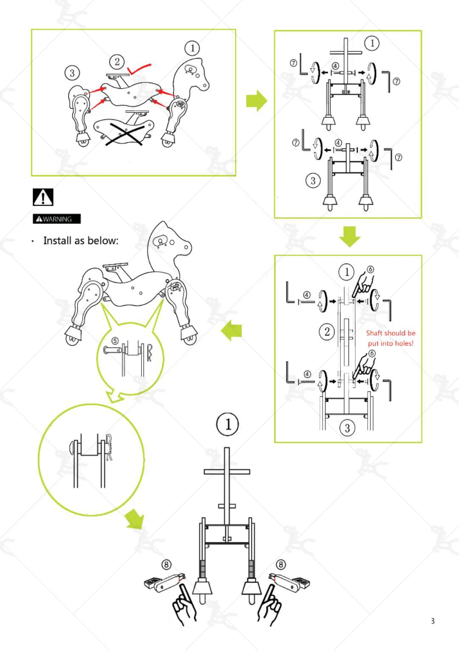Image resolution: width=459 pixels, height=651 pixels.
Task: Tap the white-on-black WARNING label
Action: (x=57, y=219)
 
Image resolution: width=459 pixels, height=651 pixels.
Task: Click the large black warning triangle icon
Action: (x=43, y=197)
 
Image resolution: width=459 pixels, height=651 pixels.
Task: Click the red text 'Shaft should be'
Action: (x=391, y=333)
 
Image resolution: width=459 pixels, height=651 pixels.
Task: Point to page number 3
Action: (x=433, y=621)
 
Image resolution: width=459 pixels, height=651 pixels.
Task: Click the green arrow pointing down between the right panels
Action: (x=350, y=237)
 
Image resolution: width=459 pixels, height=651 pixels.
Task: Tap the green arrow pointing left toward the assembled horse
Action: (x=231, y=330)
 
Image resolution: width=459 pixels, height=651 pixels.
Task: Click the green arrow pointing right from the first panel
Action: (x=257, y=101)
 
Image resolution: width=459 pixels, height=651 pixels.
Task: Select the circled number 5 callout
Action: (x=115, y=341)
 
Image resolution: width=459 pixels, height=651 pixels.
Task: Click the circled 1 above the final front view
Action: (x=227, y=425)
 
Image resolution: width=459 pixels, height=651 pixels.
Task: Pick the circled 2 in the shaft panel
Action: (x=327, y=332)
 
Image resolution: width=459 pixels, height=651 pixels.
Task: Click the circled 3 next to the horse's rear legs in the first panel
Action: (x=72, y=73)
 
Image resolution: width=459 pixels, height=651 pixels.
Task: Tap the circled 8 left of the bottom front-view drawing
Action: (x=166, y=564)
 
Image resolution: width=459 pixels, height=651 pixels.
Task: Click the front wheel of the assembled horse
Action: (x=190, y=339)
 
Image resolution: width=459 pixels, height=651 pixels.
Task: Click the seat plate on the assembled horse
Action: (x=115, y=265)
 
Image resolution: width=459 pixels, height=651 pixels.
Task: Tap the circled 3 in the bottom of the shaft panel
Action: (x=347, y=428)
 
